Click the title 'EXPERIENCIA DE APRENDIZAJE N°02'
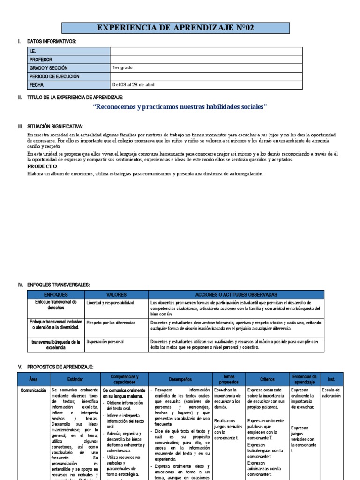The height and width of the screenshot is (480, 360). click(x=175, y=29)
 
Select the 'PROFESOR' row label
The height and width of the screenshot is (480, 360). click(x=41, y=60)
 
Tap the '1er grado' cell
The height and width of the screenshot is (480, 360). click(x=122, y=68)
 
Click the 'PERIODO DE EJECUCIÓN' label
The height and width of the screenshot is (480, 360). click(x=54, y=76)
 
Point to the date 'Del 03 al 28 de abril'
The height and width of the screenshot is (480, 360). click(x=134, y=85)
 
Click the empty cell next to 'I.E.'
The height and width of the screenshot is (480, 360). click(x=206, y=51)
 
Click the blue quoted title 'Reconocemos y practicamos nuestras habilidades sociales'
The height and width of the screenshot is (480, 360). click(x=180, y=107)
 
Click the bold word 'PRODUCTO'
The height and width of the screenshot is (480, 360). click(x=42, y=166)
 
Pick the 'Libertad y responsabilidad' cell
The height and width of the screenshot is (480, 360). click(x=110, y=303)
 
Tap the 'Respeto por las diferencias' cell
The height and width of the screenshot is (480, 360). click(x=111, y=323)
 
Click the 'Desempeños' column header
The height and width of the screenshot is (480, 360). click(x=180, y=379)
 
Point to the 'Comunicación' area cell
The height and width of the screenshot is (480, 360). click(x=33, y=390)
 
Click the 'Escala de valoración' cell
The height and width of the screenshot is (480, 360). click(x=331, y=393)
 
